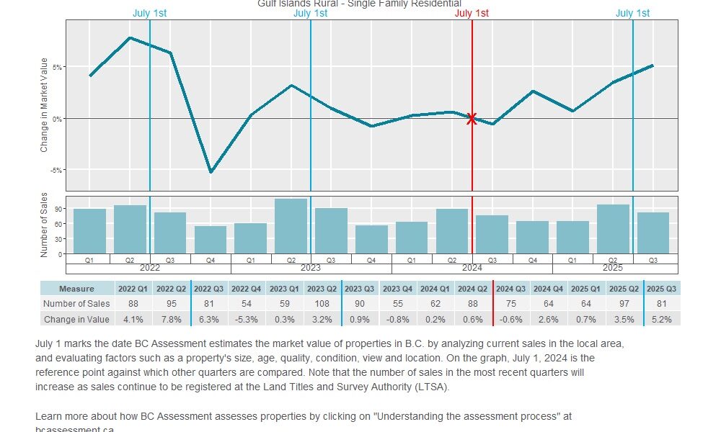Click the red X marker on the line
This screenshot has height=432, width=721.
click(x=472, y=119)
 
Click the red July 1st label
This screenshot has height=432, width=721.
click(x=472, y=13)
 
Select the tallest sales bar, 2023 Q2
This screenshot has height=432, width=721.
click(x=291, y=226)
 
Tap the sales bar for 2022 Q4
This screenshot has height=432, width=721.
click(x=211, y=240)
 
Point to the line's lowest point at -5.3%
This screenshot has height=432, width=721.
click(x=211, y=172)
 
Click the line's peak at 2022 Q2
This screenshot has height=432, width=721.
click(x=130, y=37)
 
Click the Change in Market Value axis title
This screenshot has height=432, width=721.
click(x=44, y=105)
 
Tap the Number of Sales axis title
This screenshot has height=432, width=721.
click(x=44, y=225)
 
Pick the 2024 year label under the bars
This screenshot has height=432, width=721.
click(x=472, y=268)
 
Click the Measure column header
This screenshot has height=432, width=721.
click(x=77, y=289)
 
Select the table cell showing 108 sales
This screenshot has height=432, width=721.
click(x=322, y=304)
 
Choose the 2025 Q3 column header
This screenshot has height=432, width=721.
click(x=661, y=289)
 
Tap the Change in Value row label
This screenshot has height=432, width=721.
click(x=77, y=319)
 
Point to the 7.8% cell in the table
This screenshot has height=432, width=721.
click(x=171, y=319)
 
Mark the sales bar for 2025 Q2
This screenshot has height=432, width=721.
click(x=613, y=229)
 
